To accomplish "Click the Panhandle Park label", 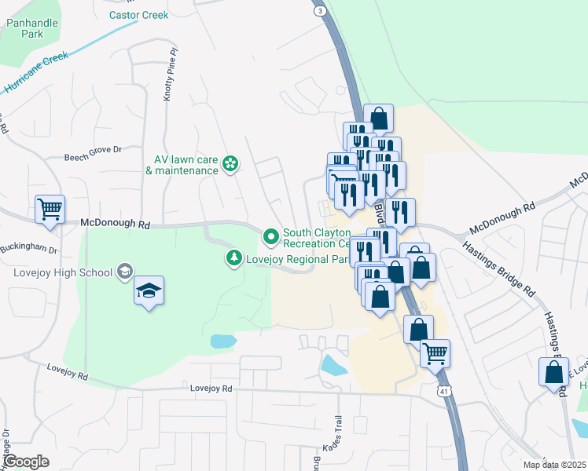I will pos(32,29).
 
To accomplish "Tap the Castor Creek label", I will pos(138,15).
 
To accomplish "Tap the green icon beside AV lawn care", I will pos(230,164).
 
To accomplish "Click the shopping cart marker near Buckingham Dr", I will pos(50,210).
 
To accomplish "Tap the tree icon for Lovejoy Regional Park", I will pos(233,257).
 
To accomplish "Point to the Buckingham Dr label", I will pos(29,250).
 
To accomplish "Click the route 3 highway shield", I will pos(318,9).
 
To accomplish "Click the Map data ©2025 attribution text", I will pos(555,465).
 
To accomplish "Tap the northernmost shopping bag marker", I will pos(378,119).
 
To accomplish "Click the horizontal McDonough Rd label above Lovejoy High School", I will pos(115,224).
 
